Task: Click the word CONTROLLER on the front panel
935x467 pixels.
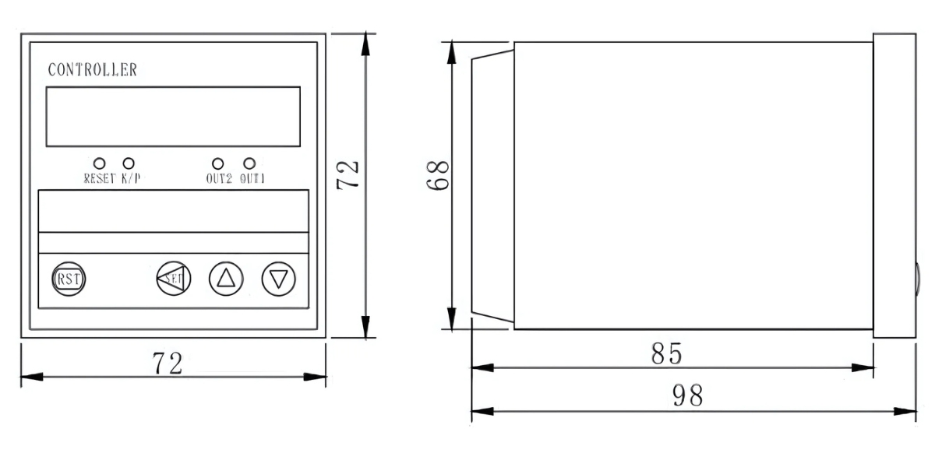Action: click(92, 69)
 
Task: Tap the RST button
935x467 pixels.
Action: click(69, 278)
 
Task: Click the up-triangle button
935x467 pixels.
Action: click(225, 278)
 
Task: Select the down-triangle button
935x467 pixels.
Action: click(278, 278)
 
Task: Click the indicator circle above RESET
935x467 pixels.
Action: click(99, 163)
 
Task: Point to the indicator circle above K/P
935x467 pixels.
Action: click(129, 163)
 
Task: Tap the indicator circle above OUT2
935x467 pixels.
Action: click(218, 163)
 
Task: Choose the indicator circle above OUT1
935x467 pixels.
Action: click(249, 163)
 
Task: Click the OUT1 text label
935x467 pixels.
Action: click(252, 178)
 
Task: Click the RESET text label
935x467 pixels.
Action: click(100, 178)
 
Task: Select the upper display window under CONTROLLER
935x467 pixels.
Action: click(172, 116)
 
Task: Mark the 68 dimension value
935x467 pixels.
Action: click(439, 176)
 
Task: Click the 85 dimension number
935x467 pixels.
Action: click(666, 353)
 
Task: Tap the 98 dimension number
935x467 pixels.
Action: click(687, 396)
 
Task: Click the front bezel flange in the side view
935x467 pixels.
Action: click(894, 185)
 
